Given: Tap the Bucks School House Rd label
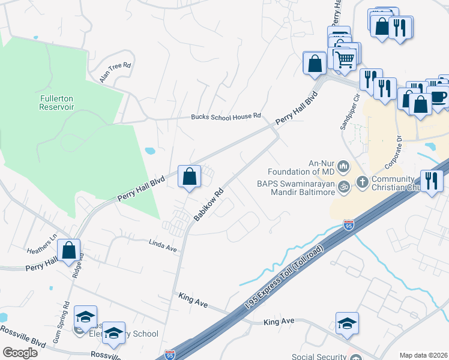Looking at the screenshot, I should (226, 116).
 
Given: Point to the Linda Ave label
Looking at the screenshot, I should (163, 245).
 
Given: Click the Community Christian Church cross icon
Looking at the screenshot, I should (362, 181).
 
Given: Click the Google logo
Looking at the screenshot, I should (20, 353).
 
